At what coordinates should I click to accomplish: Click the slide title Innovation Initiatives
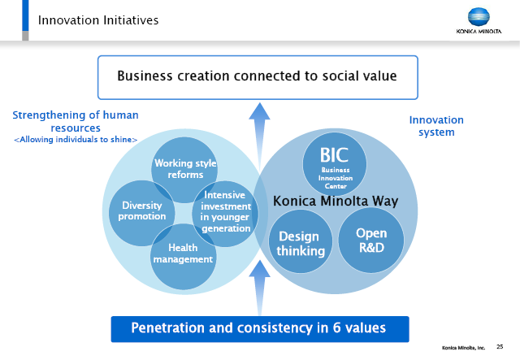tap(98, 20)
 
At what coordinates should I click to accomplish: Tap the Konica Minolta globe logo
tap(479, 16)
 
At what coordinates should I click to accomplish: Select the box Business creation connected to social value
tap(258, 77)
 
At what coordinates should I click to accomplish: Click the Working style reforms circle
tap(184, 170)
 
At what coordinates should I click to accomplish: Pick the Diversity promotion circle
tap(141, 213)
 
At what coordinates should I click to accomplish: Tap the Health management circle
tap(184, 257)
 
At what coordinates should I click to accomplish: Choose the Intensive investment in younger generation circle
tap(225, 214)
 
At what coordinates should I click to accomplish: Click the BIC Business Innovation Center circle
tap(335, 164)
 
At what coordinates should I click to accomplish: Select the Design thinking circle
tap(301, 241)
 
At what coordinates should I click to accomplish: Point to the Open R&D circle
tap(371, 241)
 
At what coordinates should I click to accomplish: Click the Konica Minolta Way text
tap(336, 201)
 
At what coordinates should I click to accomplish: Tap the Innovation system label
tap(436, 126)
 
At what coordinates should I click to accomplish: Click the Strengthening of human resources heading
tap(76, 121)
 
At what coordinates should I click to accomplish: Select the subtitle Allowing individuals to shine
tap(76, 140)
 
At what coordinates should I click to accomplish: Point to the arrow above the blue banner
tap(259, 288)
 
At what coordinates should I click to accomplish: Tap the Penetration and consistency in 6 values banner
tap(260, 329)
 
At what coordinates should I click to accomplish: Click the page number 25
tap(500, 347)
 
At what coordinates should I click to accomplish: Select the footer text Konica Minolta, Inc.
tap(463, 348)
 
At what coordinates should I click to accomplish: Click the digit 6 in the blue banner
tap(336, 327)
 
